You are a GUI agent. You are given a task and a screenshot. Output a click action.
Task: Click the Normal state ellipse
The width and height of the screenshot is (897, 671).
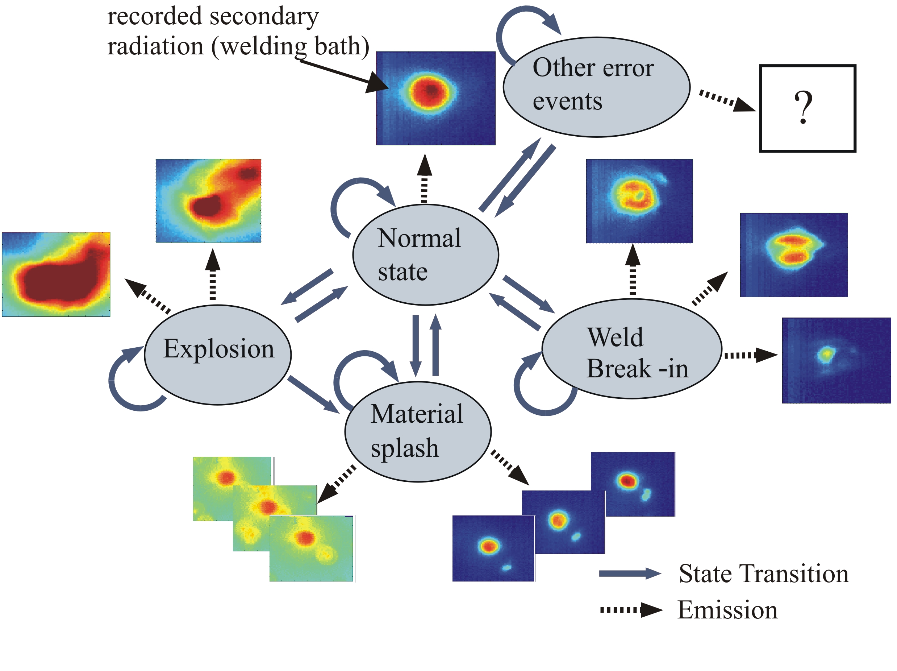(x=425, y=254)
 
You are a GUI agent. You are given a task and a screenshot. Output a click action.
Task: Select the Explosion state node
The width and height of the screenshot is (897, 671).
(x=218, y=355)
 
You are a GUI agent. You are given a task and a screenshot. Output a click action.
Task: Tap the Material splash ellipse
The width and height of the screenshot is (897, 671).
(x=418, y=432)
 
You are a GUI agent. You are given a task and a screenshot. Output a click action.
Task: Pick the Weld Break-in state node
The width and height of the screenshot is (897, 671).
(x=632, y=349)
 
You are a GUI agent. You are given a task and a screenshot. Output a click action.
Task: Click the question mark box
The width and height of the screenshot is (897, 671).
(x=808, y=108)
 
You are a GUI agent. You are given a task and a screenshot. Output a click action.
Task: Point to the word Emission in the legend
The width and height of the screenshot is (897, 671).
(x=727, y=610)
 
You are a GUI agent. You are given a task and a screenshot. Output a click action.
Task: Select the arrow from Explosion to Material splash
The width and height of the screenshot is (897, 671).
(x=313, y=394)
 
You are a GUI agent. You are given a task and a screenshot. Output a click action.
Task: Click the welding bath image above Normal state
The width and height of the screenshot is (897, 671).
(x=435, y=98)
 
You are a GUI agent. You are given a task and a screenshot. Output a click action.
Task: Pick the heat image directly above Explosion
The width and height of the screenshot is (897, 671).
(x=208, y=201)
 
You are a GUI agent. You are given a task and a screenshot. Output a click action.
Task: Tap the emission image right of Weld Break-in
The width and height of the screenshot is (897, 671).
(x=836, y=360)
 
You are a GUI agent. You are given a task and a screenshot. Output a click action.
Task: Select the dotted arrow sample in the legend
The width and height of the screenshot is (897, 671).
(x=631, y=610)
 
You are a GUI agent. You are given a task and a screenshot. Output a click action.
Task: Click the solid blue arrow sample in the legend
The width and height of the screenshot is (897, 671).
(x=630, y=573)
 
